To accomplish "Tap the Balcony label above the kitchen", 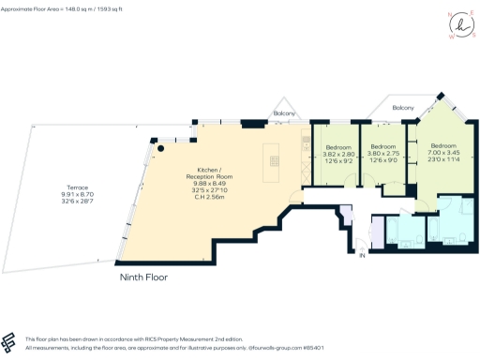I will [284, 114].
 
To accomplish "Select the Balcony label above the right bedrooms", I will [404, 108].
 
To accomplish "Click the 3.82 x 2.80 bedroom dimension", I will [338, 155].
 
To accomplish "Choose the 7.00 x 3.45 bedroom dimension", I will [443, 155].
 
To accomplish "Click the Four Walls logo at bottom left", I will [11, 341].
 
